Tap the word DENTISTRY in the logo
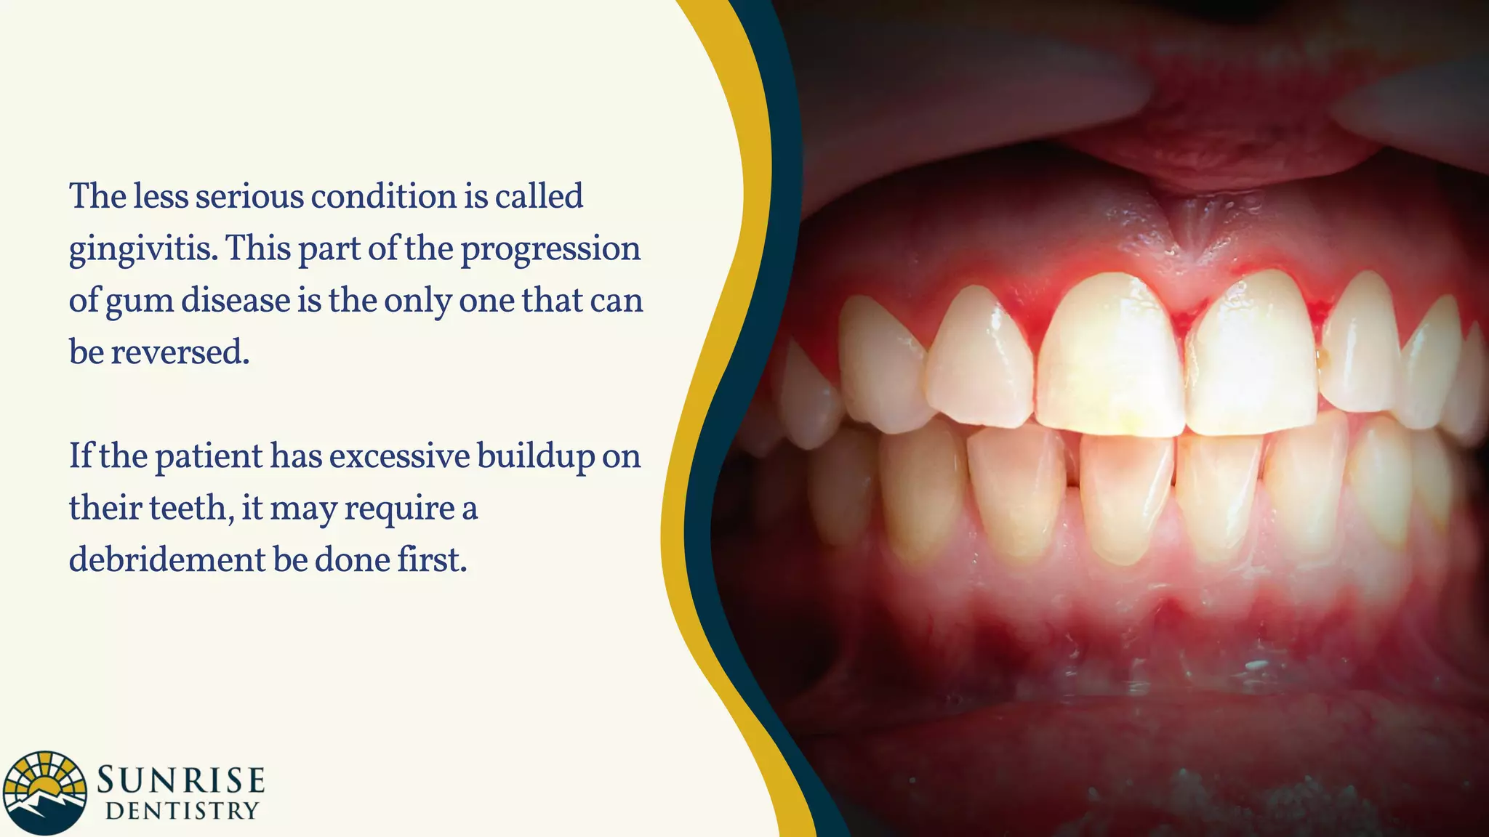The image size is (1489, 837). click(182, 811)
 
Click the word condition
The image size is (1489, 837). click(383, 197)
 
